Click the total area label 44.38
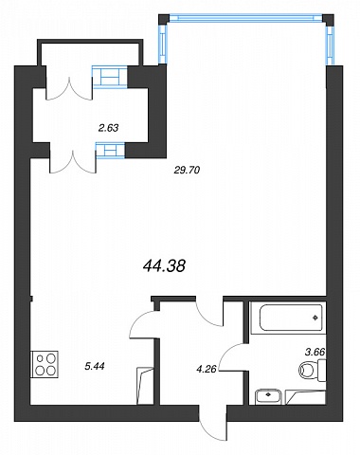(x=164, y=265)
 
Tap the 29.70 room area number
(x=187, y=171)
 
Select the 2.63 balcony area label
(x=108, y=128)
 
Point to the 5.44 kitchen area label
(x=95, y=366)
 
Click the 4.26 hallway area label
(x=206, y=369)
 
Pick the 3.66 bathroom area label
(x=315, y=352)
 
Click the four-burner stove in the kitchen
(x=45, y=364)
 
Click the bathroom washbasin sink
(x=268, y=396)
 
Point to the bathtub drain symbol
(x=315, y=318)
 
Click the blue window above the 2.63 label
(x=110, y=77)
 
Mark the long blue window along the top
(x=246, y=18)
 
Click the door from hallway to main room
(x=209, y=311)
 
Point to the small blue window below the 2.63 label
(x=111, y=150)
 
